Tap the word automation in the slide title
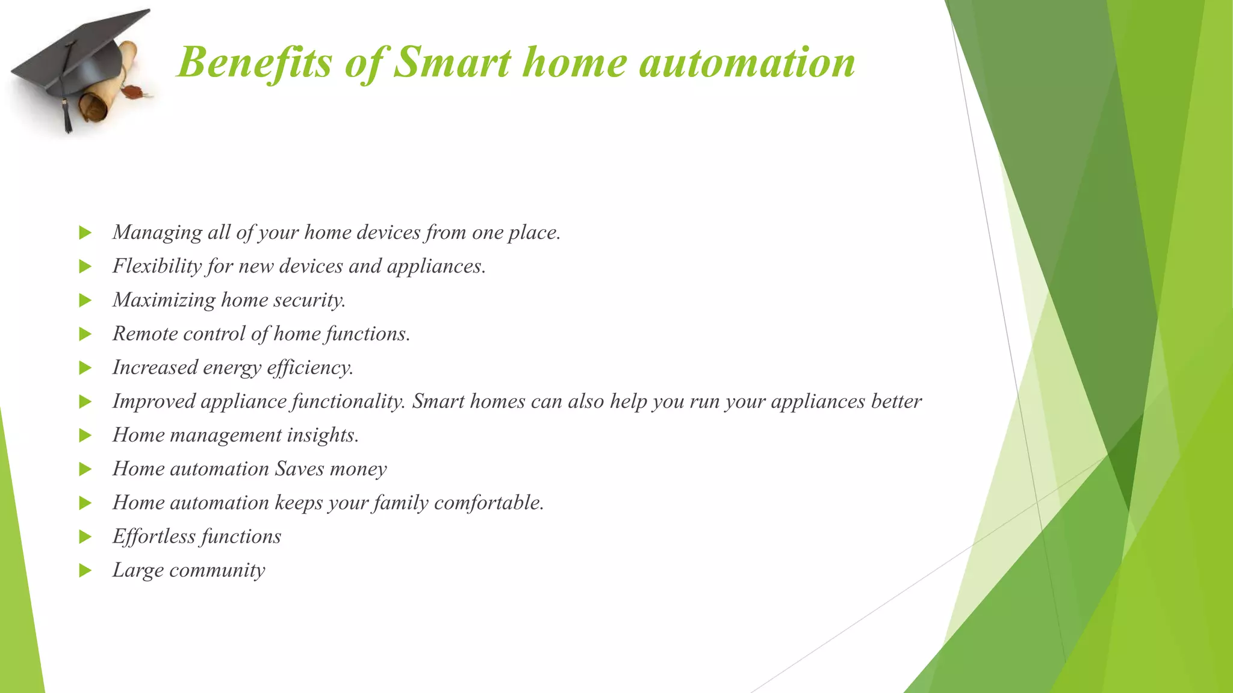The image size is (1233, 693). (x=747, y=63)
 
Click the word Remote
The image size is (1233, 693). (x=145, y=333)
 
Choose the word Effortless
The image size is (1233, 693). (x=154, y=536)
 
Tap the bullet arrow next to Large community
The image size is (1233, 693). (x=85, y=570)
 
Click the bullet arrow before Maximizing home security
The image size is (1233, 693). (x=85, y=300)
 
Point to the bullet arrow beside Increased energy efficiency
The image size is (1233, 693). (x=85, y=368)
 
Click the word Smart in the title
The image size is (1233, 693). (x=452, y=63)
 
